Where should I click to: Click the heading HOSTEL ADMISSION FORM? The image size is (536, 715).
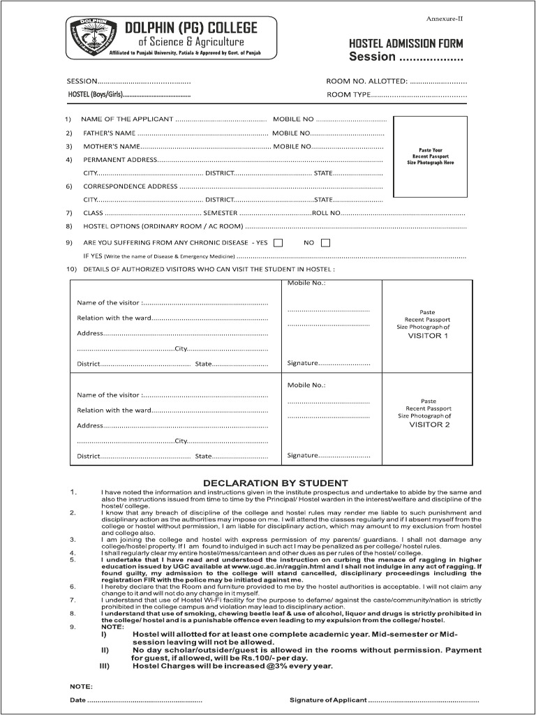pyautogui.click(x=405, y=43)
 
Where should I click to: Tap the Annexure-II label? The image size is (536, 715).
pyautogui.click(x=444, y=18)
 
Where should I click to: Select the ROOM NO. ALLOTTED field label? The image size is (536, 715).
pyautogui.click(x=367, y=82)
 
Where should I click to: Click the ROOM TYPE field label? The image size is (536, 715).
pyautogui.click(x=348, y=94)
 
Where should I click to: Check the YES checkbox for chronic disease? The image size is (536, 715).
pyautogui.click(x=278, y=243)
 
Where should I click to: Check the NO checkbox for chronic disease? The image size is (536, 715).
pyautogui.click(x=325, y=243)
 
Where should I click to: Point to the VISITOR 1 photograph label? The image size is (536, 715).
pyautogui.click(x=428, y=336)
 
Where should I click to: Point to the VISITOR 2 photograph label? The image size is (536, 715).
pyautogui.click(x=429, y=425)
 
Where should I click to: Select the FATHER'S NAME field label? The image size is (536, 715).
pyautogui.click(x=109, y=133)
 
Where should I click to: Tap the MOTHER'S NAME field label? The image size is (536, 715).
pyautogui.click(x=112, y=147)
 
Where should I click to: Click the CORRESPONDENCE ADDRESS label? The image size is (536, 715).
pyautogui.click(x=131, y=186)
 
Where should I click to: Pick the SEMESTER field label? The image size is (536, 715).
pyautogui.click(x=219, y=213)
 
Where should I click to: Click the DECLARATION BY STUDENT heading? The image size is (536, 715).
pyautogui.click(x=275, y=483)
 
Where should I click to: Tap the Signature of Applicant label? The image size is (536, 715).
pyautogui.click(x=328, y=700)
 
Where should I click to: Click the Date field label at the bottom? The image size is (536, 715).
pyautogui.click(x=77, y=700)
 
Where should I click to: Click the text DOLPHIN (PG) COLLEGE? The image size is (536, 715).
pyautogui.click(x=191, y=28)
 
